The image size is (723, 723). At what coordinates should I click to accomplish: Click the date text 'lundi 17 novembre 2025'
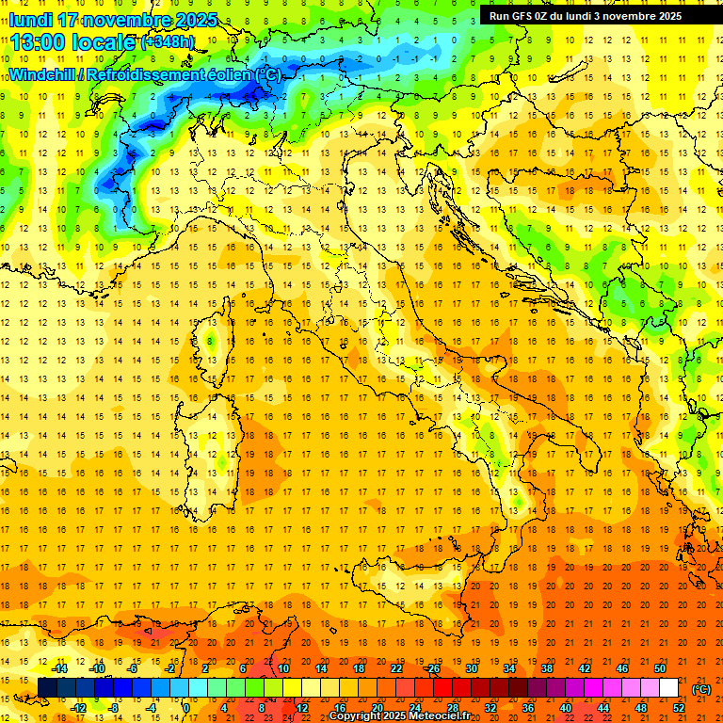[x=113, y=20]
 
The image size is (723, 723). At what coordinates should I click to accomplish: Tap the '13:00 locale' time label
[x=72, y=41]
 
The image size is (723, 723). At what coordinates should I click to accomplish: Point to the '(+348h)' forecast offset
[x=168, y=42]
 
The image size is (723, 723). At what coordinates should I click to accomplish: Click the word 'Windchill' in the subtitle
[x=42, y=74]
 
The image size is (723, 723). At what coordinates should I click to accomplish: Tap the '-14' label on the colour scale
[x=59, y=668]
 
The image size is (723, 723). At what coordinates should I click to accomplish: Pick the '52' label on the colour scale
[x=679, y=707]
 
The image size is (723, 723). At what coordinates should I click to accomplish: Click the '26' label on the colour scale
[x=434, y=668]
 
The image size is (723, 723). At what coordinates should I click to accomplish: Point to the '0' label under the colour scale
[x=186, y=707]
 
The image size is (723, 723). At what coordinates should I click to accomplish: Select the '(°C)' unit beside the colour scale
[x=701, y=688]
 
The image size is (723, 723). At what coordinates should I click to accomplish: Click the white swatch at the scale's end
[x=668, y=687]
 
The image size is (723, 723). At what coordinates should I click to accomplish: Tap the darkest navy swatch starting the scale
[x=47, y=687]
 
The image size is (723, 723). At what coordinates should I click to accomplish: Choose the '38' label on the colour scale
[x=547, y=668]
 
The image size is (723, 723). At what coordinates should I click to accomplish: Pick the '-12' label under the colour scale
[x=79, y=707]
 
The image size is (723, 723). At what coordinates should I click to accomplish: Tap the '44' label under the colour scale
[x=603, y=707]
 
